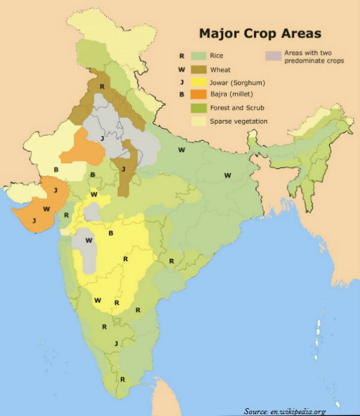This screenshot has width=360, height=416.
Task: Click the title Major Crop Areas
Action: tap(260, 33)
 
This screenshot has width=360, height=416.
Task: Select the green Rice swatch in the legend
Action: tap(200, 56)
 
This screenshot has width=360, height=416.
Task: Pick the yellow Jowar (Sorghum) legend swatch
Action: tap(200, 82)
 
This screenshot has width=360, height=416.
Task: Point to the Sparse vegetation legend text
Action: tap(239, 122)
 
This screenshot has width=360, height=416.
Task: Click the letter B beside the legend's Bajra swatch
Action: tap(181, 94)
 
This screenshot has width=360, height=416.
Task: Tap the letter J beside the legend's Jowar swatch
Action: tap(181, 82)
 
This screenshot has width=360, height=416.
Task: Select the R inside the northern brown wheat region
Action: tap(103, 88)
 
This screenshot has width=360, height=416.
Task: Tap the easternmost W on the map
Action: tap(227, 175)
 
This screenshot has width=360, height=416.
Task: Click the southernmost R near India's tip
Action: tap(122, 379)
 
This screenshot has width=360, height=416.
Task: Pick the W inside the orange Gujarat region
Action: tap(46, 209)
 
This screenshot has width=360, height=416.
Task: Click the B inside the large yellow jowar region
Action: tap(110, 233)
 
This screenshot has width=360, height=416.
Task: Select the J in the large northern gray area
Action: tap(103, 139)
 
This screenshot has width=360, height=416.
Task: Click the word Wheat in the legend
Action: tap(220, 70)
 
